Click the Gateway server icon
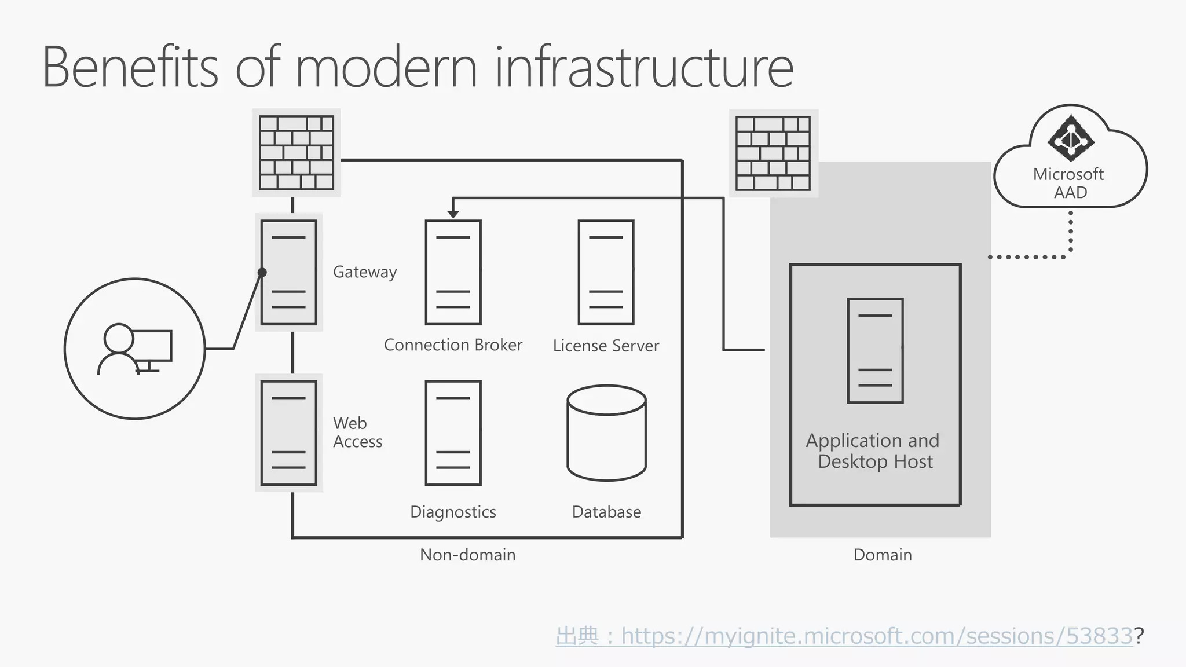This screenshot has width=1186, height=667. pyautogui.click(x=288, y=272)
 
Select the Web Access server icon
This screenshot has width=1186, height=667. pyautogui.click(x=288, y=433)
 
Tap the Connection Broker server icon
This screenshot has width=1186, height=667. pyautogui.click(x=453, y=272)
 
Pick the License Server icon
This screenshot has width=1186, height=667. pyautogui.click(x=606, y=272)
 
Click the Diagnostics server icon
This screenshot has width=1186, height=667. pyautogui.click(x=453, y=433)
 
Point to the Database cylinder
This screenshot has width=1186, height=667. pyautogui.click(x=606, y=433)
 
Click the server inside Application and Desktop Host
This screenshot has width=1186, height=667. pyautogui.click(x=875, y=350)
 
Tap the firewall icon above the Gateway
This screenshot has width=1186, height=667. pyautogui.click(x=296, y=153)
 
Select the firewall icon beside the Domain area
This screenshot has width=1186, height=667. pyautogui.click(x=773, y=153)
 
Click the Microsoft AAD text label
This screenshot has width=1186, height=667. pyautogui.click(x=1069, y=183)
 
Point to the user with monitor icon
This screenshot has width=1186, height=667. pyautogui.click(x=135, y=349)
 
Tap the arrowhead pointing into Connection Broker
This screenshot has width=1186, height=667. pyautogui.click(x=453, y=214)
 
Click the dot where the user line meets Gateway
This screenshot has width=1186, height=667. pyautogui.click(x=262, y=272)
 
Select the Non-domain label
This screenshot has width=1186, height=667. pyautogui.click(x=467, y=555)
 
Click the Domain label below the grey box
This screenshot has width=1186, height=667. pyautogui.click(x=883, y=555)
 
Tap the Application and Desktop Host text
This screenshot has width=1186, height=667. pyautogui.click(x=873, y=451)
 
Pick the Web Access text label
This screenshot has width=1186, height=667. pyautogui.click(x=357, y=433)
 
